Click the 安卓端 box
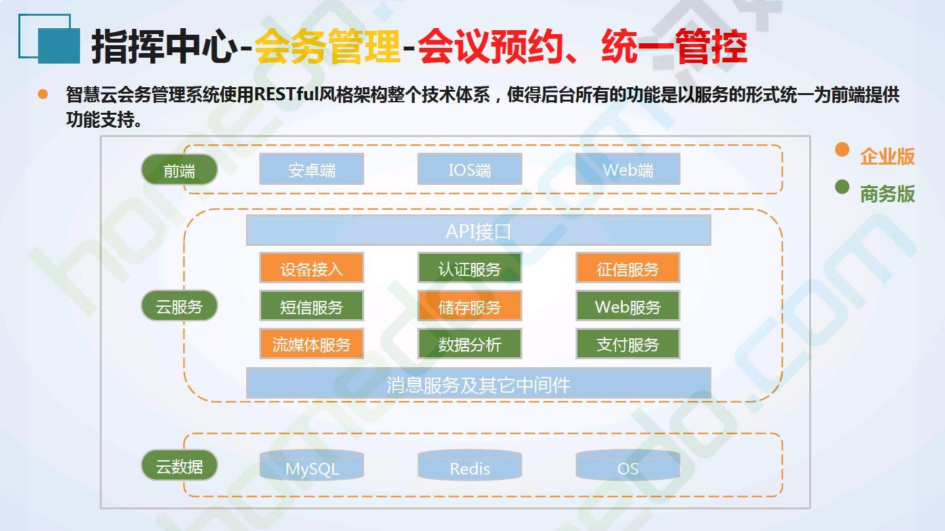click(x=311, y=169)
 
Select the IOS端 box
click(x=470, y=169)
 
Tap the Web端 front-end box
click(x=628, y=169)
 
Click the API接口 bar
click(x=478, y=230)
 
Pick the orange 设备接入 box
click(x=311, y=267)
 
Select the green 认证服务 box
click(x=470, y=267)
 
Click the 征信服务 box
click(x=628, y=267)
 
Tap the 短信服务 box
click(x=311, y=305)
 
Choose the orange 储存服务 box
click(x=470, y=305)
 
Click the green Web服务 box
click(x=628, y=305)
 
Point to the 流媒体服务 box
click(x=311, y=344)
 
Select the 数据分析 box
click(x=470, y=344)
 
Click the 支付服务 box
click(x=628, y=344)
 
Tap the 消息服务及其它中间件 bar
click(x=478, y=383)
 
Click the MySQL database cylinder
click(x=311, y=465)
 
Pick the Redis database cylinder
click(x=470, y=465)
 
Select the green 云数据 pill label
click(x=179, y=465)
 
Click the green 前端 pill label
click(x=179, y=169)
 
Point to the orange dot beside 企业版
click(x=842, y=149)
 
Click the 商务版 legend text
click(x=887, y=193)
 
